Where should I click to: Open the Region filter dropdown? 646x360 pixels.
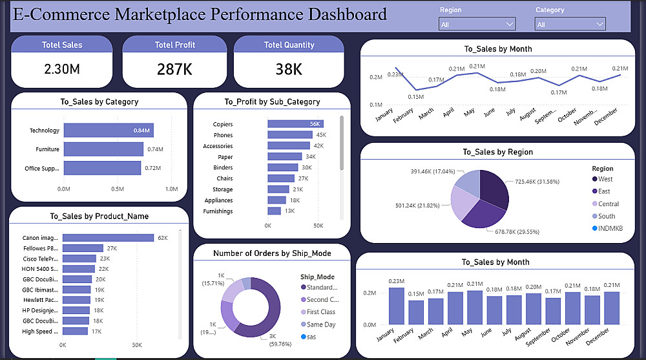pyautogui.click(x=477, y=25)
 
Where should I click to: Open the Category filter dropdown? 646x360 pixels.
pyautogui.click(x=570, y=25)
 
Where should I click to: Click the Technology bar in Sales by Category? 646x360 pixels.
pyautogui.click(x=109, y=131)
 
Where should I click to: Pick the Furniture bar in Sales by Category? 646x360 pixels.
pyautogui.click(x=103, y=149)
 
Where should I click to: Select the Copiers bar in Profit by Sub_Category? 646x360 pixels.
pyautogui.click(x=296, y=124)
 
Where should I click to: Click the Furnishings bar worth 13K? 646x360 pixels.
pyautogui.click(x=275, y=211)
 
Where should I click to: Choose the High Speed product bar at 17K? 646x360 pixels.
pyautogui.click(x=75, y=331)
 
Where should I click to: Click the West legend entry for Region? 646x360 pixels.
pyautogui.click(x=605, y=179)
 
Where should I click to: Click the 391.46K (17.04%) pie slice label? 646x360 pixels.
pyautogui.click(x=433, y=171)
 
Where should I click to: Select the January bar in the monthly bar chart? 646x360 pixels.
pyautogui.click(x=396, y=306)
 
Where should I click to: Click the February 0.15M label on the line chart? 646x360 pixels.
pyautogui.click(x=416, y=97)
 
